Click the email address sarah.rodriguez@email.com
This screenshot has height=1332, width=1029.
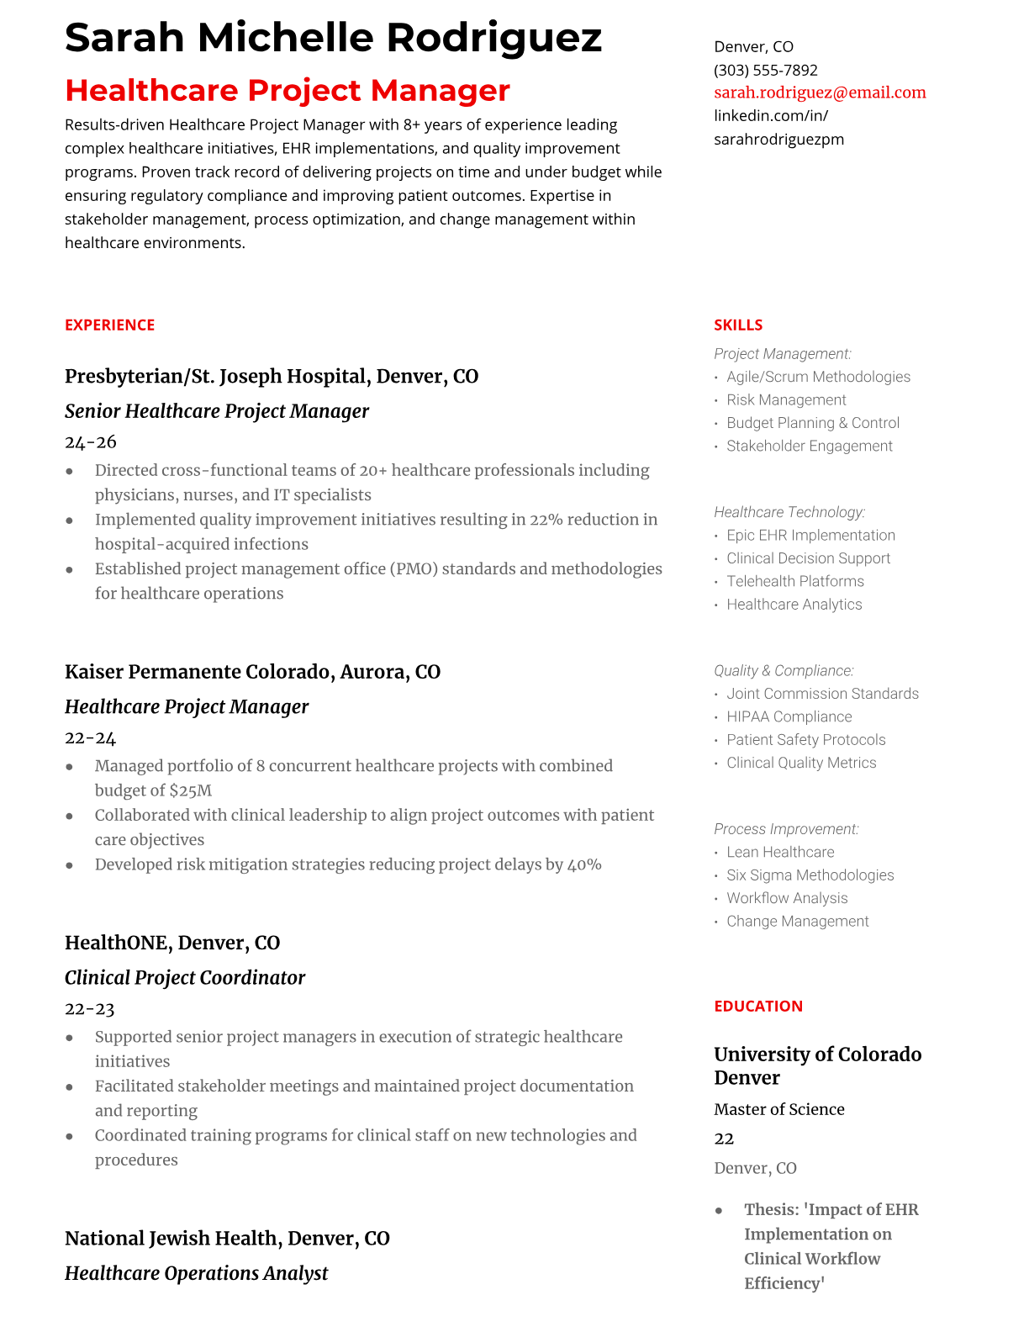coord(820,92)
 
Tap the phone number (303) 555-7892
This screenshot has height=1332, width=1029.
coord(765,70)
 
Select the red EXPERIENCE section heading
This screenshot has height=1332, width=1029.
coord(110,325)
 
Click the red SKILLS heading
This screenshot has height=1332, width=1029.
coord(738,325)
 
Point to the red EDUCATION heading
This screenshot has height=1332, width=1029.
coord(758,1007)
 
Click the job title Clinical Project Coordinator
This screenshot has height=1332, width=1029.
coord(185,978)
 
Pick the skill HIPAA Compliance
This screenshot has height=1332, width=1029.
coord(789,716)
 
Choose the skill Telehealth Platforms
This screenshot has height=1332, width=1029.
coord(794,581)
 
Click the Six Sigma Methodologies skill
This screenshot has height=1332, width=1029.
coord(810,875)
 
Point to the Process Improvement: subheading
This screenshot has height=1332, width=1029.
coord(786,829)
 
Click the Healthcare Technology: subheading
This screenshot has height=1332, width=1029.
coord(789,512)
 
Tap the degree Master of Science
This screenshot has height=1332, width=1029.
coord(779,1109)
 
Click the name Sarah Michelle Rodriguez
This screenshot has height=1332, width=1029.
coord(333,38)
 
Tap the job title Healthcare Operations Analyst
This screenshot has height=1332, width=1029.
coord(196,1273)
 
